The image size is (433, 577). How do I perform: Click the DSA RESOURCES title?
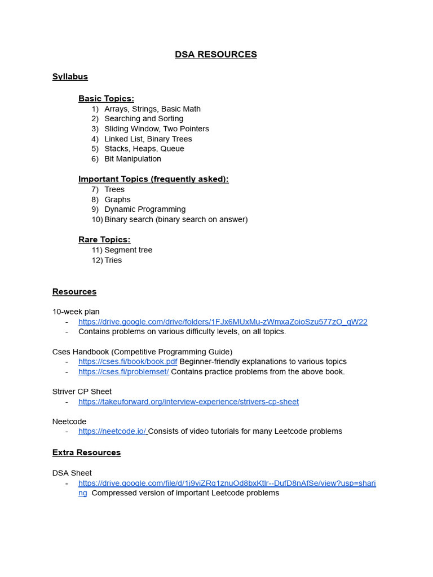(x=215, y=55)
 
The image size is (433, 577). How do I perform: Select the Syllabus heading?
(x=70, y=77)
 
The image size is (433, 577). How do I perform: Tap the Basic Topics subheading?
(x=106, y=99)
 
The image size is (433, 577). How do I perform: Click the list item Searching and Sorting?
(x=143, y=119)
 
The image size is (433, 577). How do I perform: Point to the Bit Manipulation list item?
(x=132, y=159)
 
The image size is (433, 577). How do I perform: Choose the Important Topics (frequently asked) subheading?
(x=153, y=179)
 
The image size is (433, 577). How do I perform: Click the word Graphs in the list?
(x=117, y=199)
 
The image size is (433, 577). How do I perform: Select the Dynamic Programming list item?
(x=145, y=209)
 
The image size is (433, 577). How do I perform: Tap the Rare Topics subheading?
(x=104, y=239)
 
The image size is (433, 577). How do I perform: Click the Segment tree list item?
(x=128, y=250)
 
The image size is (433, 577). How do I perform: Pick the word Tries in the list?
(x=113, y=260)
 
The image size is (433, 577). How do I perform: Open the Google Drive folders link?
(x=223, y=322)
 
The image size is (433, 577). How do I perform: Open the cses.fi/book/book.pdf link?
(x=127, y=362)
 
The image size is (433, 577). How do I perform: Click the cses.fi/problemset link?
(x=123, y=372)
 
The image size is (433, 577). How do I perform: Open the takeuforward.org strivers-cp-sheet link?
(x=188, y=402)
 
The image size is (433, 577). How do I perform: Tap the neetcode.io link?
(x=113, y=432)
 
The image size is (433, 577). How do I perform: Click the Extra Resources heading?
(x=86, y=452)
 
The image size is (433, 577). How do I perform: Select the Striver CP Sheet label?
(x=82, y=392)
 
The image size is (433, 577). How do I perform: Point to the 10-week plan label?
(x=76, y=312)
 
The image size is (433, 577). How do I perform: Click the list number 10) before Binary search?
(x=97, y=219)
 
